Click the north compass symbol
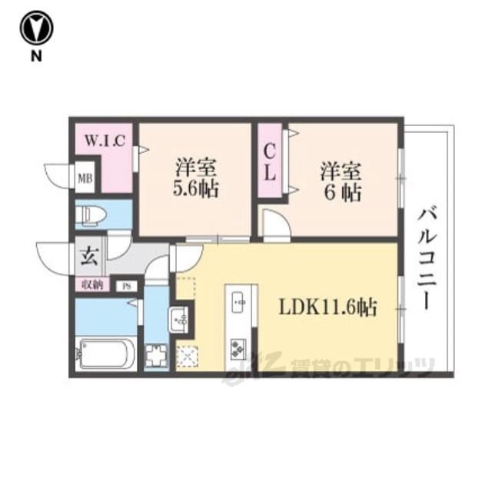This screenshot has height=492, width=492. click(x=36, y=28)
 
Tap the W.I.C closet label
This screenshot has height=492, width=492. click(x=108, y=141)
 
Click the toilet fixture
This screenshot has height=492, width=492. click(x=93, y=214)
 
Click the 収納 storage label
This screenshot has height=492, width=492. click(x=92, y=285)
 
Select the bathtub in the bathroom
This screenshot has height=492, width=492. click(x=106, y=353)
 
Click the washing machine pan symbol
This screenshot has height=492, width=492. click(x=157, y=355)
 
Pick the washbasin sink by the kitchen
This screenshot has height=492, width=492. click(x=178, y=317)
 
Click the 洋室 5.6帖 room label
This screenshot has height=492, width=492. click(x=196, y=178)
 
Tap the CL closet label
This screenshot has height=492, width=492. click(x=271, y=161)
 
